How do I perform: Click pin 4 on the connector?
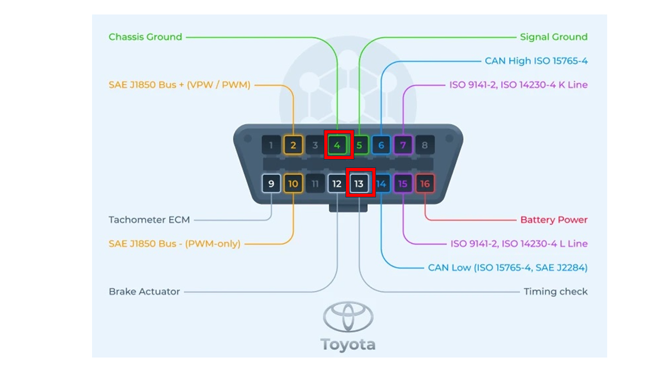pos(337,145)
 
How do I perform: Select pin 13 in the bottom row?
pos(359,183)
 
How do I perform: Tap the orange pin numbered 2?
pos(293,145)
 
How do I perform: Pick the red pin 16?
pos(425,183)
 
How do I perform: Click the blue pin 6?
pos(381,145)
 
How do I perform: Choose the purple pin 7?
pos(403,145)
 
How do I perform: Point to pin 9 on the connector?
pos(272,183)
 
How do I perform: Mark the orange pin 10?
pos(293,183)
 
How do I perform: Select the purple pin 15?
pos(403,183)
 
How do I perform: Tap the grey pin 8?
pos(425,145)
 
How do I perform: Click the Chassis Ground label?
pos(145,37)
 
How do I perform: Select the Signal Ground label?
pos(554,37)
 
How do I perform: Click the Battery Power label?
pos(554,220)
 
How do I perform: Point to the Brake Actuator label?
pos(144,292)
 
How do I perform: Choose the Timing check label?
pos(555,292)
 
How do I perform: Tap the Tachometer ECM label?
pos(149,220)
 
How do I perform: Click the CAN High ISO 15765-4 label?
pos(536,61)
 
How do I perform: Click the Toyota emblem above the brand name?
pos(348,316)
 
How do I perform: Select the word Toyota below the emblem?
pos(348,345)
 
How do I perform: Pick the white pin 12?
pos(337,183)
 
